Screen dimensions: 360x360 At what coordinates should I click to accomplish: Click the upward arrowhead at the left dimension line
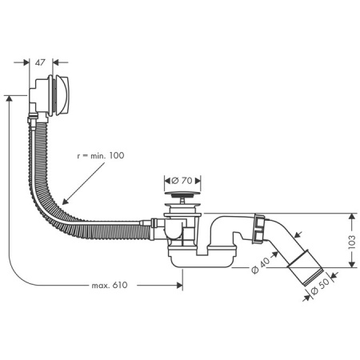click(x=9, y=98)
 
